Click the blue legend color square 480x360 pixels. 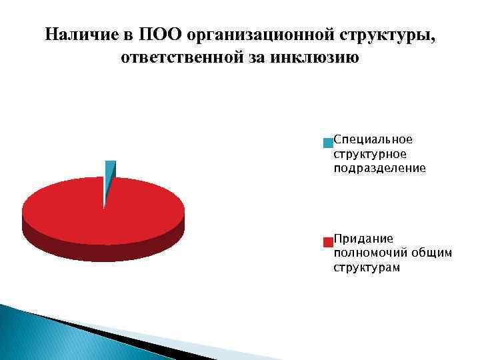click(327, 143)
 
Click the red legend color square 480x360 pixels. click(327, 241)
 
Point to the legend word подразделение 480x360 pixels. click(379, 169)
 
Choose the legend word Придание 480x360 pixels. click(363, 238)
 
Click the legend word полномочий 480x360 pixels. click(370, 253)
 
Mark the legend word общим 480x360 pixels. click(431, 253)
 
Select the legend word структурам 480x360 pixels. click(367, 267)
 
